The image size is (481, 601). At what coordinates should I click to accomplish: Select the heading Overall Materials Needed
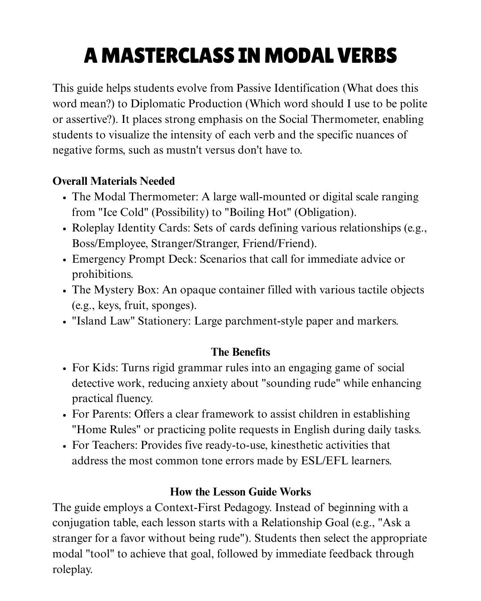(x=114, y=181)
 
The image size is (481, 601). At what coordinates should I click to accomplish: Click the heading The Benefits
(x=240, y=352)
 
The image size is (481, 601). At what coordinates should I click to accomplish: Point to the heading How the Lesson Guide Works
(x=240, y=492)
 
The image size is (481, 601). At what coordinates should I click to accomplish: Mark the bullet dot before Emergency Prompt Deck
(x=65, y=260)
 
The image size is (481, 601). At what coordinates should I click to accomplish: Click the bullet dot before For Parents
(x=65, y=414)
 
